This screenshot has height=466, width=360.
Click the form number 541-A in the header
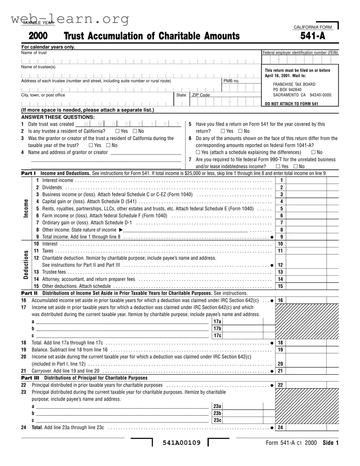tap(313, 36)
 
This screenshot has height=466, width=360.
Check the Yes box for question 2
tap(117, 131)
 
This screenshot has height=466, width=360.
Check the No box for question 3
tap(108, 145)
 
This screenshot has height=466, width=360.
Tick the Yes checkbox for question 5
tap(223, 131)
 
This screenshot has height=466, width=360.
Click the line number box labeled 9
tap(281, 237)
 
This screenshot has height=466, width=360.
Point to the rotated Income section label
tap(26, 208)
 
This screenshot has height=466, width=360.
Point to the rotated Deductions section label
tap(26, 265)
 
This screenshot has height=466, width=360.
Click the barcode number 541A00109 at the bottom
tap(181, 442)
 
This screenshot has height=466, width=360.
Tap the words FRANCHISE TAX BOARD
tap(294, 84)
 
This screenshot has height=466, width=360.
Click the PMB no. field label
tap(231, 81)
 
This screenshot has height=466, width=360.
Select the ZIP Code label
tap(201, 95)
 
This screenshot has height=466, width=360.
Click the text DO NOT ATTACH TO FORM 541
tap(292, 104)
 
